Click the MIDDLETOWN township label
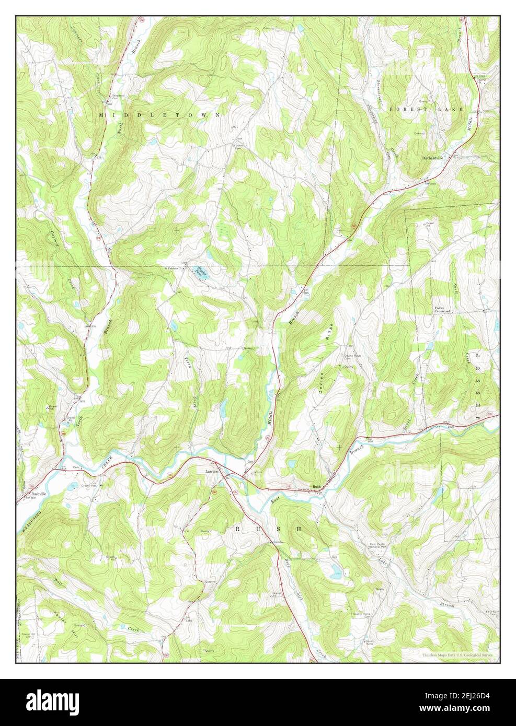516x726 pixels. [159, 114]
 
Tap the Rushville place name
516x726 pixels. [39, 494]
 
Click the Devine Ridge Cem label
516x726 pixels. [352, 357]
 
